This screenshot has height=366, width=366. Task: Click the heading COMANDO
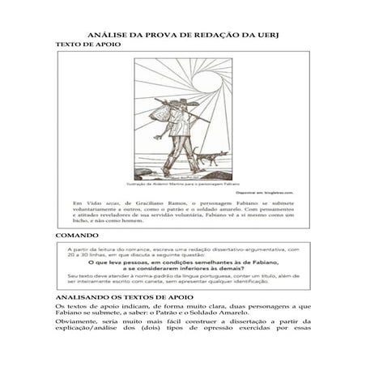pyautogui.click(x=77, y=235)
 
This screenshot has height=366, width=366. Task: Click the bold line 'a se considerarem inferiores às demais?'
pyautogui.click(x=184, y=270)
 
